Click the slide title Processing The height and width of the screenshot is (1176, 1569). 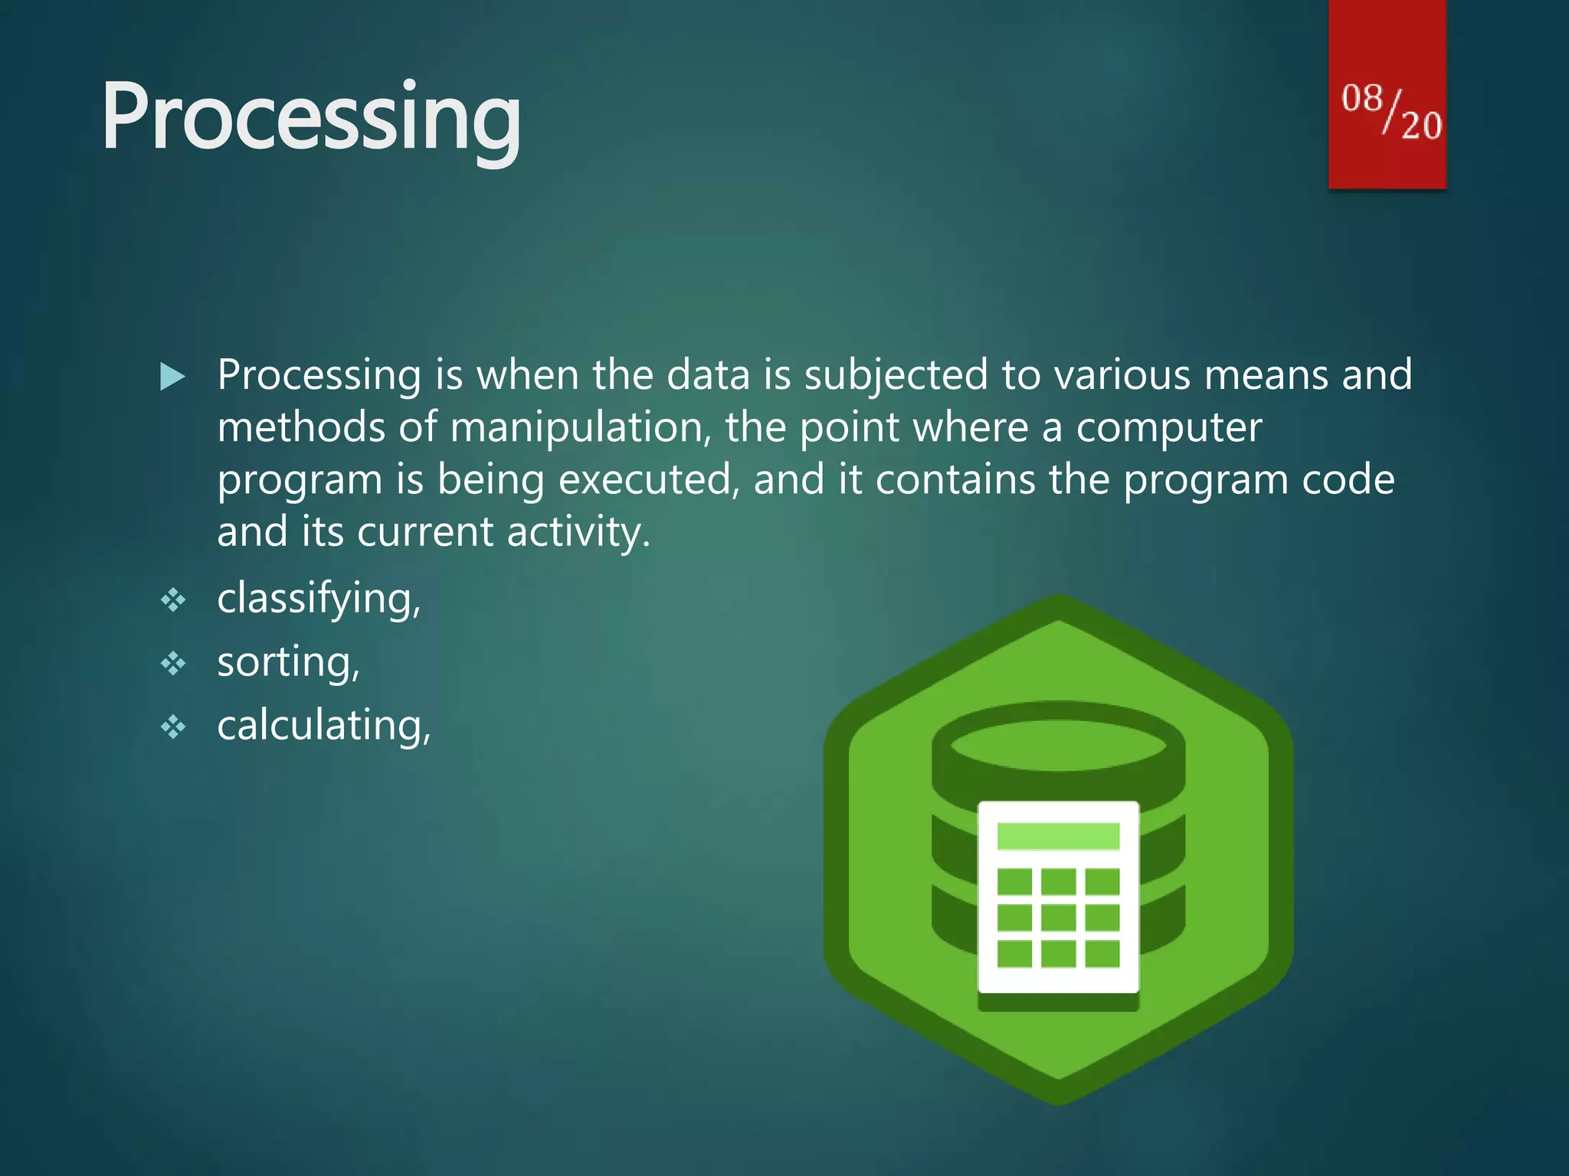[311, 119]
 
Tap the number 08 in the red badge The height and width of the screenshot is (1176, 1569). [1361, 100]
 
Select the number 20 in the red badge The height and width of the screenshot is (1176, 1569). [1421, 125]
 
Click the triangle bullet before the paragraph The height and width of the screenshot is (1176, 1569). [173, 377]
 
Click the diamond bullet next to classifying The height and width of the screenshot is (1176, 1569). [173, 599]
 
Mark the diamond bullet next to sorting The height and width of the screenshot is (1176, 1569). [173, 663]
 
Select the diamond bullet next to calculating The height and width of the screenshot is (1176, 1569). [173, 727]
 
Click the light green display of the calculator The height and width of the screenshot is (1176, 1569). [1058, 836]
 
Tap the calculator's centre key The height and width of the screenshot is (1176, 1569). [1058, 917]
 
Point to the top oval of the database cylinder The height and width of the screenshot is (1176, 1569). [1058, 745]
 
